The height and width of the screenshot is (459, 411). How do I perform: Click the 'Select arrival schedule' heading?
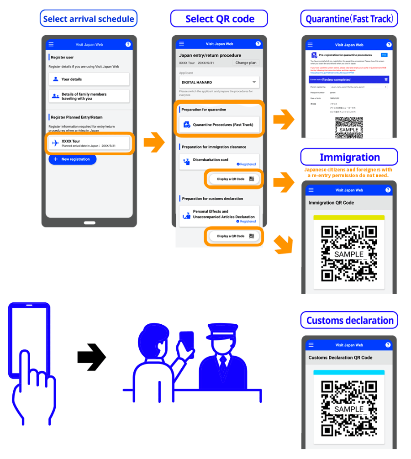click(x=89, y=19)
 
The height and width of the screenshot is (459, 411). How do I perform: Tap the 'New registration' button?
click(x=72, y=159)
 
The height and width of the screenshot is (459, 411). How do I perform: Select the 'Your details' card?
click(x=89, y=79)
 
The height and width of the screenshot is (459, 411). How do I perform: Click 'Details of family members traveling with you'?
click(x=89, y=96)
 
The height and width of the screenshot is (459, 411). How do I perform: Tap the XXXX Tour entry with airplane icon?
click(x=89, y=143)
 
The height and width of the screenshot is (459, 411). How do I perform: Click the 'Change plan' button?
click(x=246, y=63)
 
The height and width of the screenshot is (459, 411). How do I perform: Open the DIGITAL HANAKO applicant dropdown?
click(x=219, y=82)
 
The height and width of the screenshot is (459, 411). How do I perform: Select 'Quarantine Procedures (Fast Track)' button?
click(x=219, y=124)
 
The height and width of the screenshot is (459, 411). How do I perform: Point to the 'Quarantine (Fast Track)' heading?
click(x=349, y=19)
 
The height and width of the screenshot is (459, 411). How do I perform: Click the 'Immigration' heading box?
click(x=349, y=158)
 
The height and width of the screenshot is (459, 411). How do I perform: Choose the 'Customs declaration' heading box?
click(x=349, y=321)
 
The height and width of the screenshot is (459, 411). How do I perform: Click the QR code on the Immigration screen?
click(x=349, y=253)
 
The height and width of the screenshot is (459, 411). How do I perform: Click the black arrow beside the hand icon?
click(x=91, y=357)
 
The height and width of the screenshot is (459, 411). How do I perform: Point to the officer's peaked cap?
click(x=221, y=331)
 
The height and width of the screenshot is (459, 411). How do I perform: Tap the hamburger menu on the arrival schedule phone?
click(x=51, y=44)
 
